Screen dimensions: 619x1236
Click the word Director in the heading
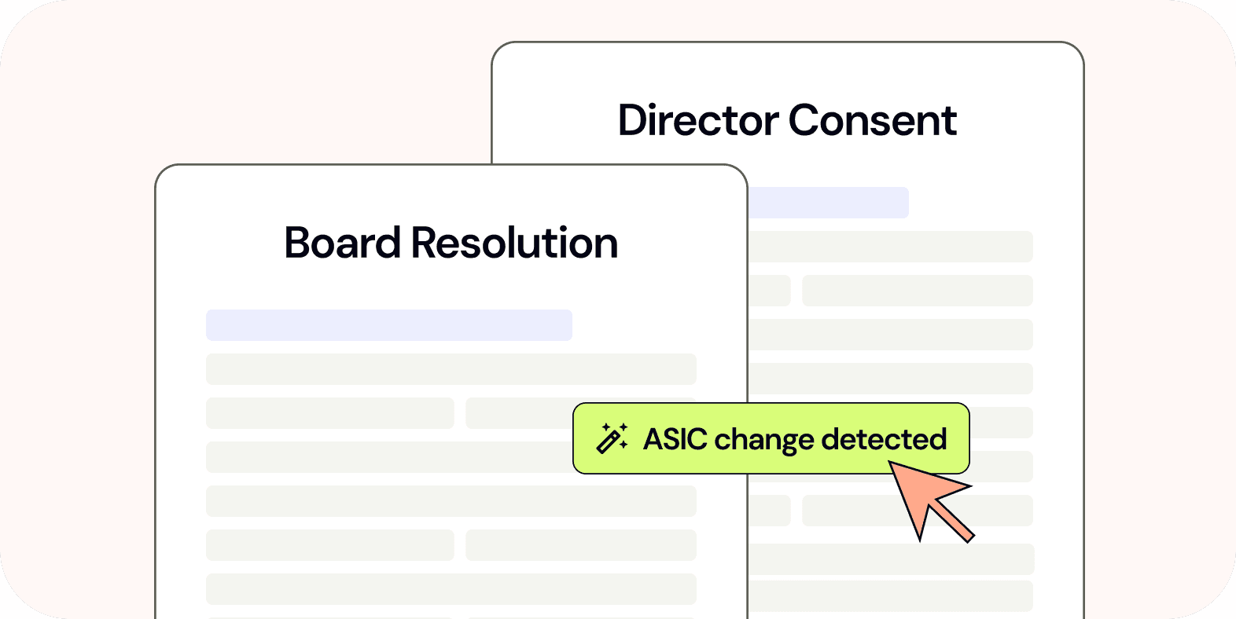pyautogui.click(x=699, y=121)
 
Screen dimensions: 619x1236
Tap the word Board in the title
pyautogui.click(x=343, y=243)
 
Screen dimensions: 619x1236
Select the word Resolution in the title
pyautogui.click(x=514, y=243)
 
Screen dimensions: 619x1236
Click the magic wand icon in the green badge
pyautogui.click(x=612, y=438)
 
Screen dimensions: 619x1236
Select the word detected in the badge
pyautogui.click(x=884, y=439)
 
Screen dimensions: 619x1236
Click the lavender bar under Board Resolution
pyautogui.click(x=388, y=325)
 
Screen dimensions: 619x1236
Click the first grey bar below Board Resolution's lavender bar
pyautogui.click(x=451, y=369)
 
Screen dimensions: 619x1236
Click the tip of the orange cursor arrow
pyautogui.click(x=892, y=464)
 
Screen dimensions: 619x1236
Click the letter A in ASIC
pyautogui.click(x=653, y=439)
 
